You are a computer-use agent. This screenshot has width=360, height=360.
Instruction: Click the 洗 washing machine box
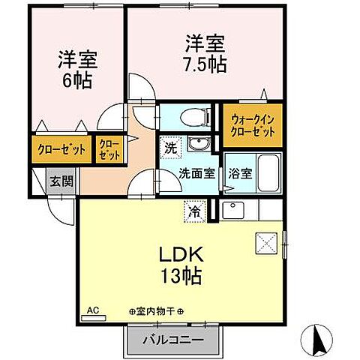170,147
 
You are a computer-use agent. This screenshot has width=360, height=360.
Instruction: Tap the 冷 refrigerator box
194,211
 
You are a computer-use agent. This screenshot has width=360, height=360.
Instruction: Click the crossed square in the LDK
266,242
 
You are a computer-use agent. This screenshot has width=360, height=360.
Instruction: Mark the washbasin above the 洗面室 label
199,145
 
